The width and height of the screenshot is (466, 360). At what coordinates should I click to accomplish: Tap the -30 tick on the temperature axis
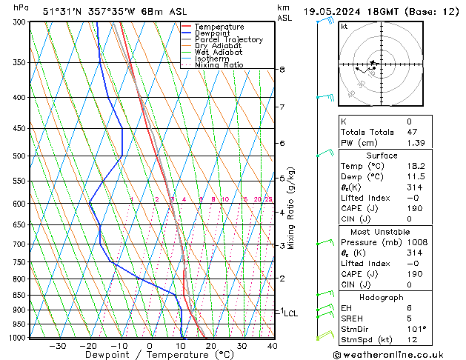[57, 346]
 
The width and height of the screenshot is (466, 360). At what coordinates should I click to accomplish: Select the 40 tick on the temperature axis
[272, 346]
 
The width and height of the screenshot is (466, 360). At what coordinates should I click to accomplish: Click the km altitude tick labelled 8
[282, 70]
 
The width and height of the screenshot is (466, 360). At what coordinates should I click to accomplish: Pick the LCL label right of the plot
[290, 313]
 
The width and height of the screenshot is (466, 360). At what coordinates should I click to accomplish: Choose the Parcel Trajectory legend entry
[228, 40]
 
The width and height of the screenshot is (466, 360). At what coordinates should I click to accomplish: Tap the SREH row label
[353, 318]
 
